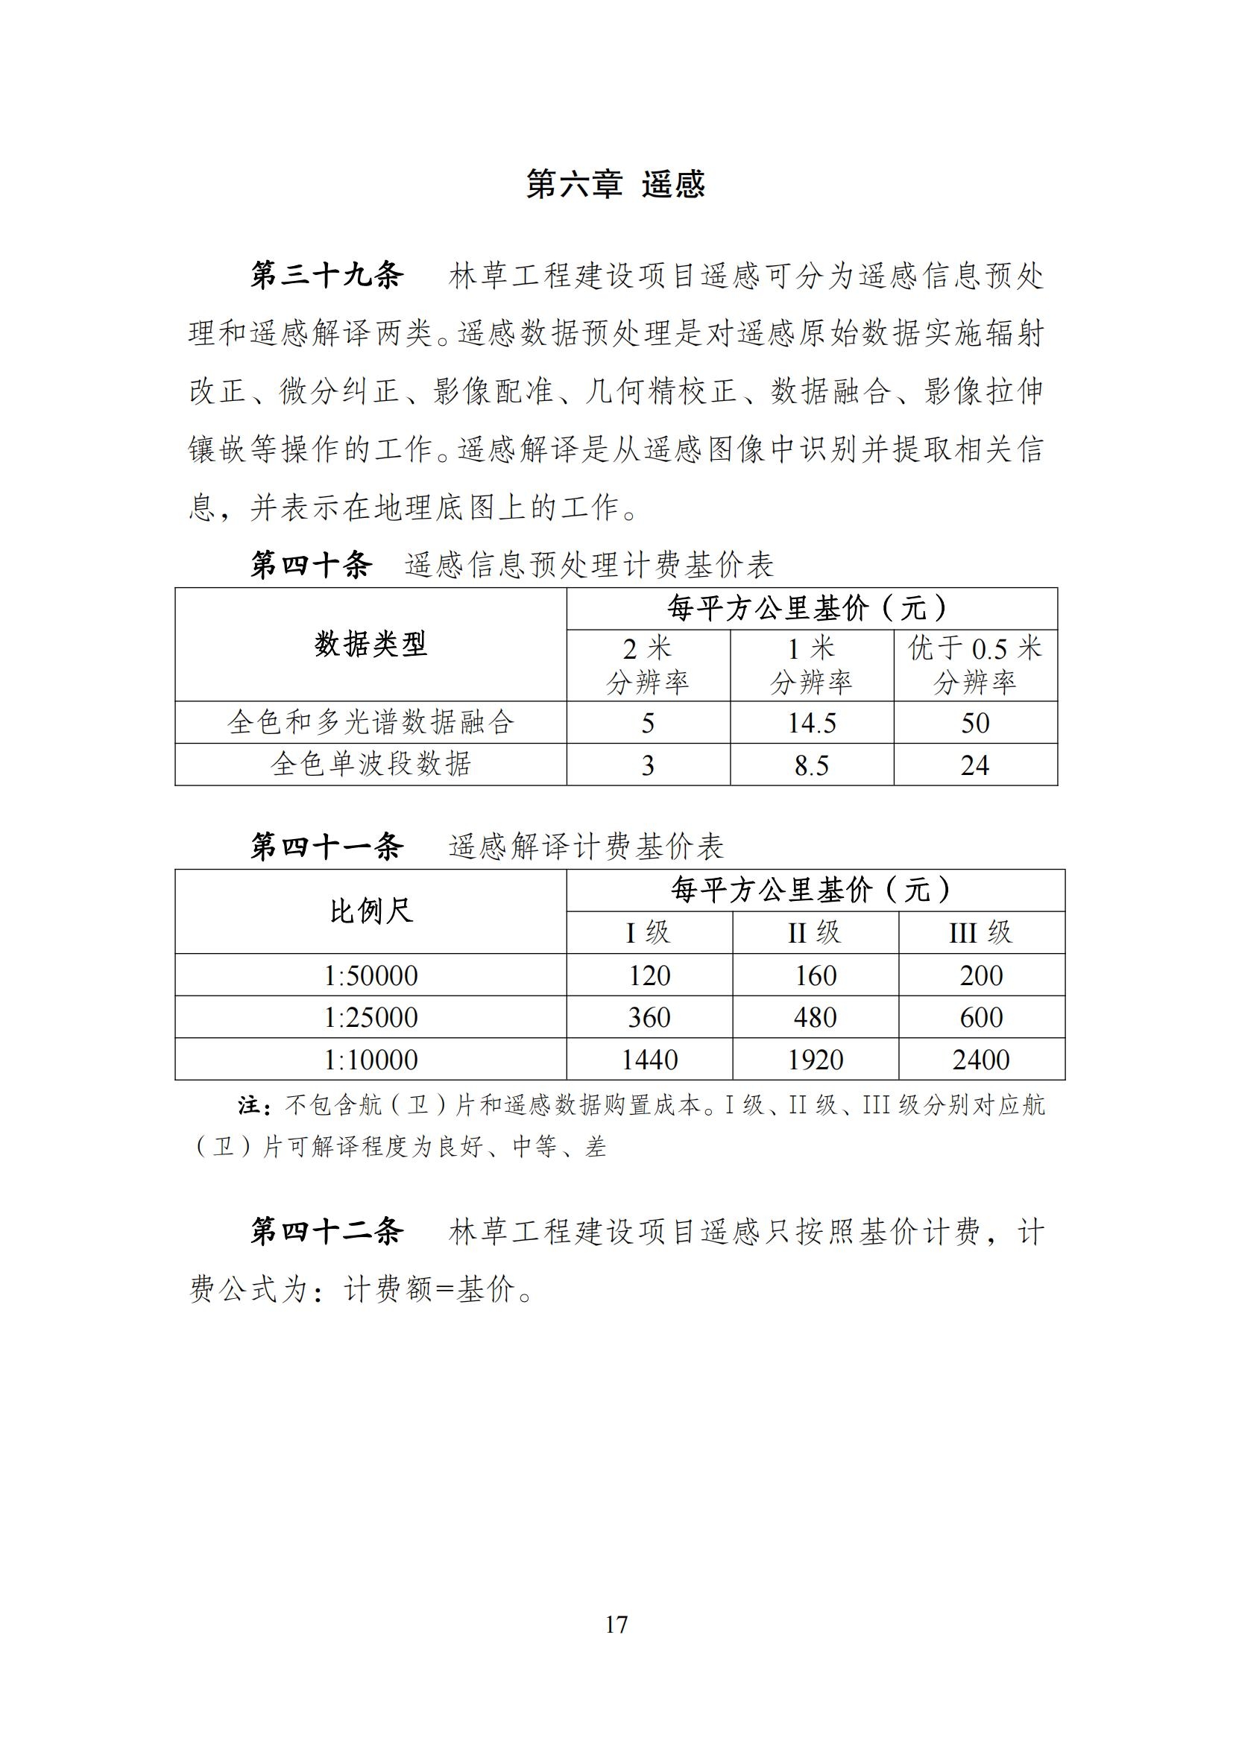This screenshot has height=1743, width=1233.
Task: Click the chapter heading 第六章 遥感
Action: pyautogui.click(x=616, y=186)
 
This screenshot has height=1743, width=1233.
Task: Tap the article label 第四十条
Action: pyautogui.click(x=312, y=566)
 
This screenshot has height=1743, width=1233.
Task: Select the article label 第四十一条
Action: pyautogui.click(x=327, y=847)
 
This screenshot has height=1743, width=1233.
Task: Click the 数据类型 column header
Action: pyautogui.click(x=370, y=645)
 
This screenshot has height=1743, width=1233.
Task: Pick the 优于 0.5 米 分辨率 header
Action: pyautogui.click(x=975, y=665)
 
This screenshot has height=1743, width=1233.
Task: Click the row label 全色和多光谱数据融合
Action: pyautogui.click(x=370, y=722)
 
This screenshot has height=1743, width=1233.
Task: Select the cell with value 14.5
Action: pyautogui.click(x=812, y=723)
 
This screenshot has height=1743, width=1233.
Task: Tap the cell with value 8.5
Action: pyautogui.click(x=812, y=765)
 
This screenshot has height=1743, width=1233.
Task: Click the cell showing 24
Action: pyautogui.click(x=975, y=765)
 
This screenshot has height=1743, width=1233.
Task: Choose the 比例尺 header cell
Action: pyautogui.click(x=370, y=911)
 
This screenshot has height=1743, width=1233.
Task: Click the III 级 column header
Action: pyautogui.click(x=981, y=932)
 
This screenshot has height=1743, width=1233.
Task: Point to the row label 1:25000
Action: pyautogui.click(x=370, y=1017)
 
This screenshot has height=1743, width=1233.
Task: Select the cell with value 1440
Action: pyautogui.click(x=649, y=1060)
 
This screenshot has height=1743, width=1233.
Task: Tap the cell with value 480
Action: pyautogui.click(x=815, y=1017)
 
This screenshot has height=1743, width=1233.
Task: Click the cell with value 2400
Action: pyautogui.click(x=981, y=1060)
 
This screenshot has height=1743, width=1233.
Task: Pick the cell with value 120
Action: pyautogui.click(x=649, y=975)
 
